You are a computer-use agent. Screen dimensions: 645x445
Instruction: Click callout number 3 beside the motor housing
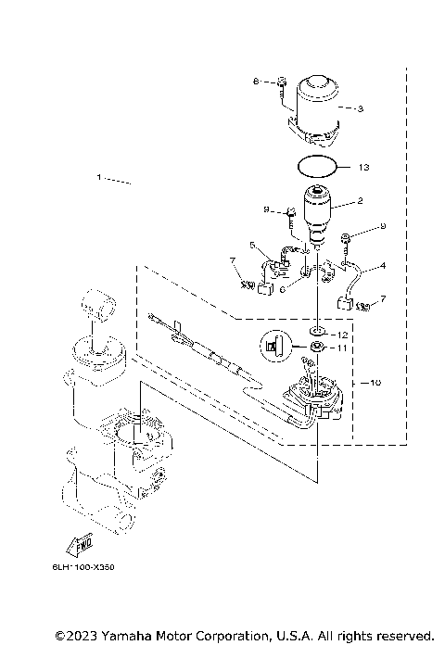362,108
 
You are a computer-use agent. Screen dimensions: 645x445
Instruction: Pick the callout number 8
255,82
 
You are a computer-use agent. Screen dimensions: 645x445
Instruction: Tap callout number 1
99,176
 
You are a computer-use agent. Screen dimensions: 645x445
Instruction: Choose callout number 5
251,245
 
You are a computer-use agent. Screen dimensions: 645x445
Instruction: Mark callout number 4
383,266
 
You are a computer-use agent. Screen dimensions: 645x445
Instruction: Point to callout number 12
343,334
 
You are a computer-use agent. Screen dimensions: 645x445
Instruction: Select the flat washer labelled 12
316,332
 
